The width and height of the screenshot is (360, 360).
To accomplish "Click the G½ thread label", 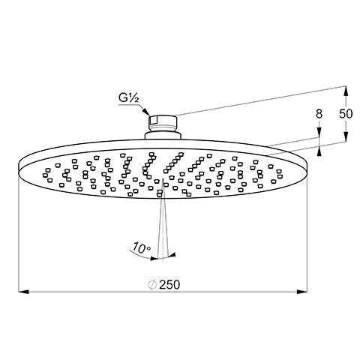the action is pyautogui.click(x=128, y=98).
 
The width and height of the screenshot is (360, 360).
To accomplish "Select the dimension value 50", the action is pyautogui.click(x=346, y=114).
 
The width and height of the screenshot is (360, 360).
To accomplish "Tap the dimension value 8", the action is pyautogui.click(x=319, y=114).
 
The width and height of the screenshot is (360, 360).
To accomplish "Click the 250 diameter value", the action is pyautogui.click(x=169, y=284).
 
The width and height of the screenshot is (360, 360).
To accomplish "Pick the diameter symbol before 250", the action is pyautogui.click(x=152, y=285).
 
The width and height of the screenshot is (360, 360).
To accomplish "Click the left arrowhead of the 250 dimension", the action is pyautogui.click(x=24, y=292).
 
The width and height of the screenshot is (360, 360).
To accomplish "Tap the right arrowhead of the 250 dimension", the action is pyautogui.click(x=301, y=292).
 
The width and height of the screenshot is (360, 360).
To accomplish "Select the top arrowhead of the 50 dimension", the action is pyautogui.click(x=346, y=91).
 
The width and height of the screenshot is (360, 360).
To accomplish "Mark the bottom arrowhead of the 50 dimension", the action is pyautogui.click(x=346, y=137).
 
